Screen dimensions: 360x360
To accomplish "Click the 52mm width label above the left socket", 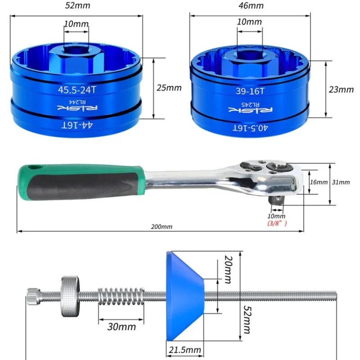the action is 77,5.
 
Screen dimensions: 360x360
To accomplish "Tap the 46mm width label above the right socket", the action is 251,5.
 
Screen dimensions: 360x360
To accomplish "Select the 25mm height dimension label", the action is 169,88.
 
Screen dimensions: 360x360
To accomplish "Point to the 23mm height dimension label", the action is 341,90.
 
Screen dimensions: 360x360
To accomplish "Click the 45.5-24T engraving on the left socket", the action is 77,90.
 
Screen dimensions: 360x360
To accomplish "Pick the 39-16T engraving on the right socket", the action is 250,91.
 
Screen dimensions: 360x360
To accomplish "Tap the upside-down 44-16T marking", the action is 77,126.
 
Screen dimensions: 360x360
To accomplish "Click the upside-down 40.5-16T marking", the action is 250,128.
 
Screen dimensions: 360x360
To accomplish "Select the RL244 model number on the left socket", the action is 77,102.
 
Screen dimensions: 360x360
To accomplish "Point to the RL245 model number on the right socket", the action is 251,104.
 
